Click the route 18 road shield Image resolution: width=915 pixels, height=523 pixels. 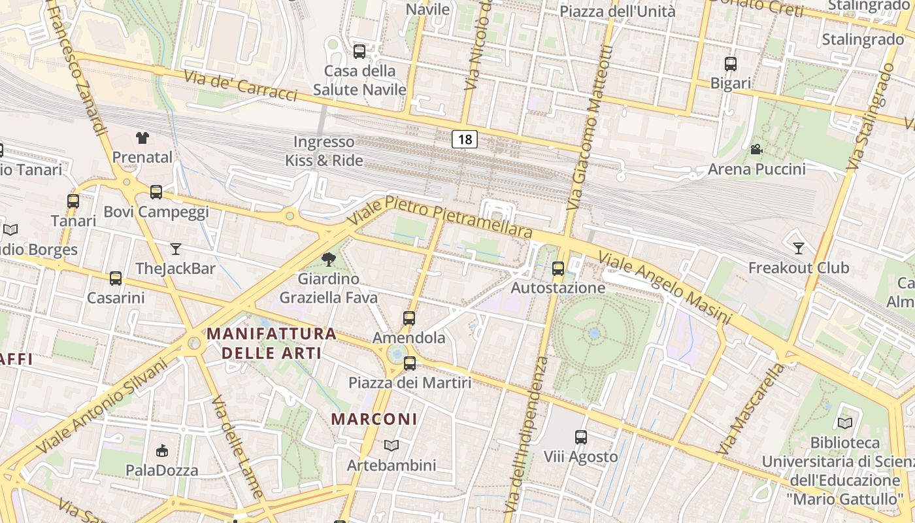(x=464, y=139)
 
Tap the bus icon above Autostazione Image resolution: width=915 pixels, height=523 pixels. (x=558, y=268)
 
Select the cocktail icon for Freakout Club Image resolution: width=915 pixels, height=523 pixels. (x=798, y=248)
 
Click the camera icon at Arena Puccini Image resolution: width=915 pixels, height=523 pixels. (x=756, y=150)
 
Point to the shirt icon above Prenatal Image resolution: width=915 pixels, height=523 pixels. (x=142, y=137)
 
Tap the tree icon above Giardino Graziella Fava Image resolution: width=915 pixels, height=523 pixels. (x=329, y=260)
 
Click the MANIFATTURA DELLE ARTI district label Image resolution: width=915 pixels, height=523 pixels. (x=272, y=343)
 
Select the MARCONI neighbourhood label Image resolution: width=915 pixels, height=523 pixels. (x=374, y=419)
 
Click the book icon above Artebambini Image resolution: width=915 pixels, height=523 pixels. (x=391, y=445)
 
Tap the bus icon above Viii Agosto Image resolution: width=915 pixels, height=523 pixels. (x=581, y=437)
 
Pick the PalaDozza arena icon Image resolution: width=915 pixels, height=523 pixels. (x=161, y=450)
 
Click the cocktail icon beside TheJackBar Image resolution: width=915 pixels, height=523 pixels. (x=175, y=248)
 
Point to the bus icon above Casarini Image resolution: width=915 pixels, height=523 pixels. (x=116, y=278)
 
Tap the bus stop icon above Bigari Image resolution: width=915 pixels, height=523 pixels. (x=731, y=64)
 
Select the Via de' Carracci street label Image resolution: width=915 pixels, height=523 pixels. (x=241, y=86)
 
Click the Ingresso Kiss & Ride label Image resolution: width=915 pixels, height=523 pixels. (x=324, y=151)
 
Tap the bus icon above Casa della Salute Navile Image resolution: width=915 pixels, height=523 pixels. (x=359, y=51)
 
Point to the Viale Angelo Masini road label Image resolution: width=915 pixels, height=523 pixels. (x=664, y=288)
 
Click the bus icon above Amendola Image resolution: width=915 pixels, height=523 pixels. (x=409, y=318)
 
